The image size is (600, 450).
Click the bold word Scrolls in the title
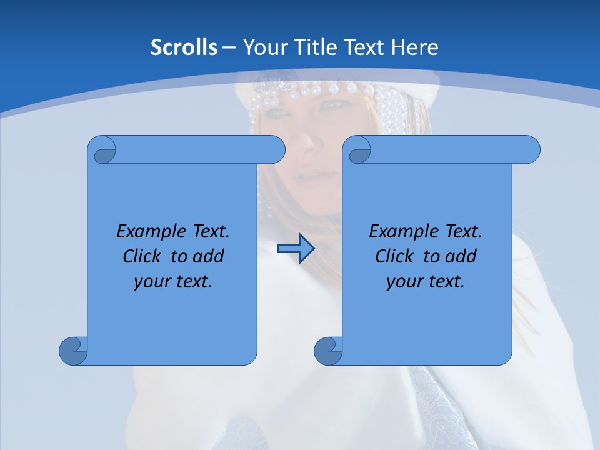tap(184, 47)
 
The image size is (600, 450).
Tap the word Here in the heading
tap(415, 47)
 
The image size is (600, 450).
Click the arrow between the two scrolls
tap(296, 249)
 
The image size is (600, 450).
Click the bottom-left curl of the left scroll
tap(73, 351)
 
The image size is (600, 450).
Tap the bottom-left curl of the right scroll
tap(328, 351)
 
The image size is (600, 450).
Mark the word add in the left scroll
tap(208, 256)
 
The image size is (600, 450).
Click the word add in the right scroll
tap(461, 256)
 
